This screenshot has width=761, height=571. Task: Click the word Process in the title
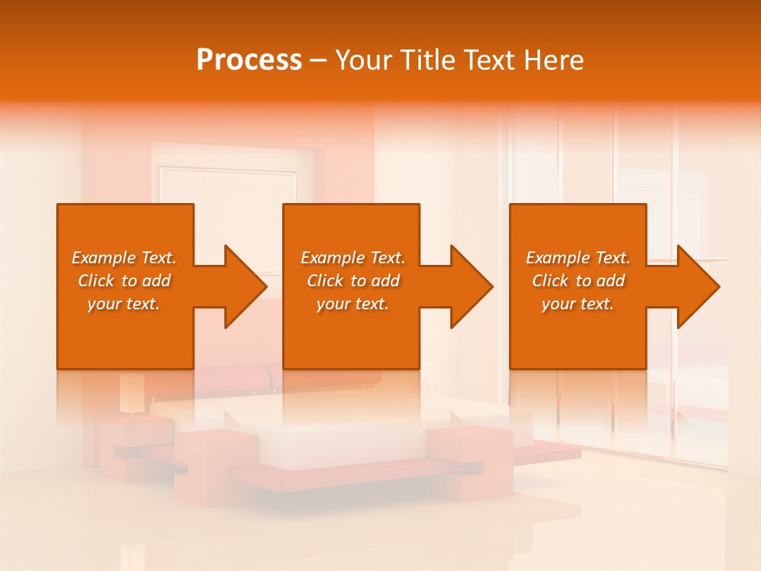point(249,60)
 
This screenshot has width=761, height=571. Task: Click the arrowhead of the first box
point(243,286)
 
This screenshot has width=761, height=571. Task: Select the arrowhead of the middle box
point(469,286)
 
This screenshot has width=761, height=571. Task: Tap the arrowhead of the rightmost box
point(695,286)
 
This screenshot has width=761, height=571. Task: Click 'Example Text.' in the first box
point(124,258)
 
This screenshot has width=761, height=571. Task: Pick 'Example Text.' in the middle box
point(353,258)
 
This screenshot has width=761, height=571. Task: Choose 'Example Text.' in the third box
point(578,258)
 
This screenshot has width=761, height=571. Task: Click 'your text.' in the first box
point(124,304)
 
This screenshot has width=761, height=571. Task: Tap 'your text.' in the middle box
point(353,304)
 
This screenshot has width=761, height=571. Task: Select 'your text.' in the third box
point(578,304)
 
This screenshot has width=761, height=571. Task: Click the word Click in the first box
point(96,281)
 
